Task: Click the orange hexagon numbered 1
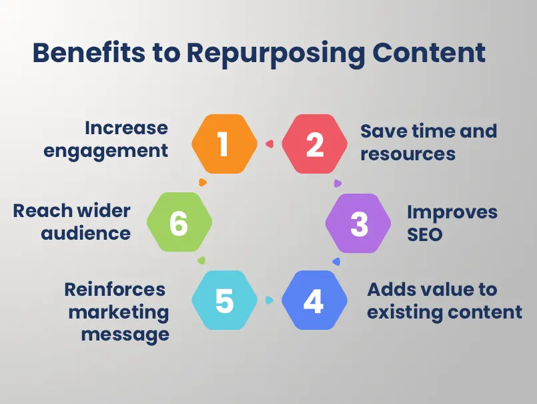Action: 224,144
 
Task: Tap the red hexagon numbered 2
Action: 315,144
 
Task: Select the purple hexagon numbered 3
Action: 359,224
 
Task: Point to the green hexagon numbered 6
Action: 179,224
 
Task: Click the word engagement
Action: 106,151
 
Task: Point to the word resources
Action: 408,154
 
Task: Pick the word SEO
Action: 425,234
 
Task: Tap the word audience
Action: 86,234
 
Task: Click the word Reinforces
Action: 115,289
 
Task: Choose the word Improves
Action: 452,212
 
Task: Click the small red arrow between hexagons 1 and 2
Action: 270,143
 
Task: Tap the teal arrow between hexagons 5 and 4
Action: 270,300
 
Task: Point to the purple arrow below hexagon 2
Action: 338,183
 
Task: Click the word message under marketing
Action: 125,333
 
